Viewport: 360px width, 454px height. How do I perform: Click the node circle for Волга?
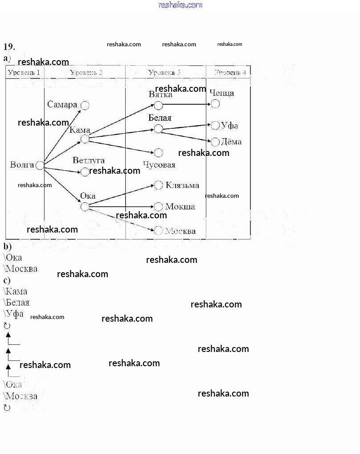(40, 165)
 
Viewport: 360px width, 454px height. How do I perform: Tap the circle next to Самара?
(85, 106)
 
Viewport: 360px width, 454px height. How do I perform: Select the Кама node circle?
(85, 139)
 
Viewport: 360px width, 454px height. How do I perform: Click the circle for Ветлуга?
(85, 172)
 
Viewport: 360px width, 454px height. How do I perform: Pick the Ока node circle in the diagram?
(85, 207)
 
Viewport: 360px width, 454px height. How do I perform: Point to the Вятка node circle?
(158, 106)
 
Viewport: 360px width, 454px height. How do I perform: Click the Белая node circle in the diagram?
(158, 129)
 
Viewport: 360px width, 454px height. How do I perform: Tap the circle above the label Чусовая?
(158, 153)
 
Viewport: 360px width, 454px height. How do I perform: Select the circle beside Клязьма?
(158, 185)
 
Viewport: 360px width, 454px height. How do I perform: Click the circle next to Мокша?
(158, 207)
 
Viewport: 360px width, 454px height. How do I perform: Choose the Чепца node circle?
(215, 104)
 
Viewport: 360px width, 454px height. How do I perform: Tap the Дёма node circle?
(215, 142)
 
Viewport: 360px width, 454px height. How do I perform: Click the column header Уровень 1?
(24, 72)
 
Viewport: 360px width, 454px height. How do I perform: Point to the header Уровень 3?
(164, 72)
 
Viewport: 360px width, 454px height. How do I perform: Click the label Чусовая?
(159, 165)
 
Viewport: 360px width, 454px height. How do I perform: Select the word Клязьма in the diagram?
(182, 185)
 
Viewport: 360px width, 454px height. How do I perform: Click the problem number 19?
(9, 47)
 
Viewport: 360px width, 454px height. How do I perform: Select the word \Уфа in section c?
(13, 314)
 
